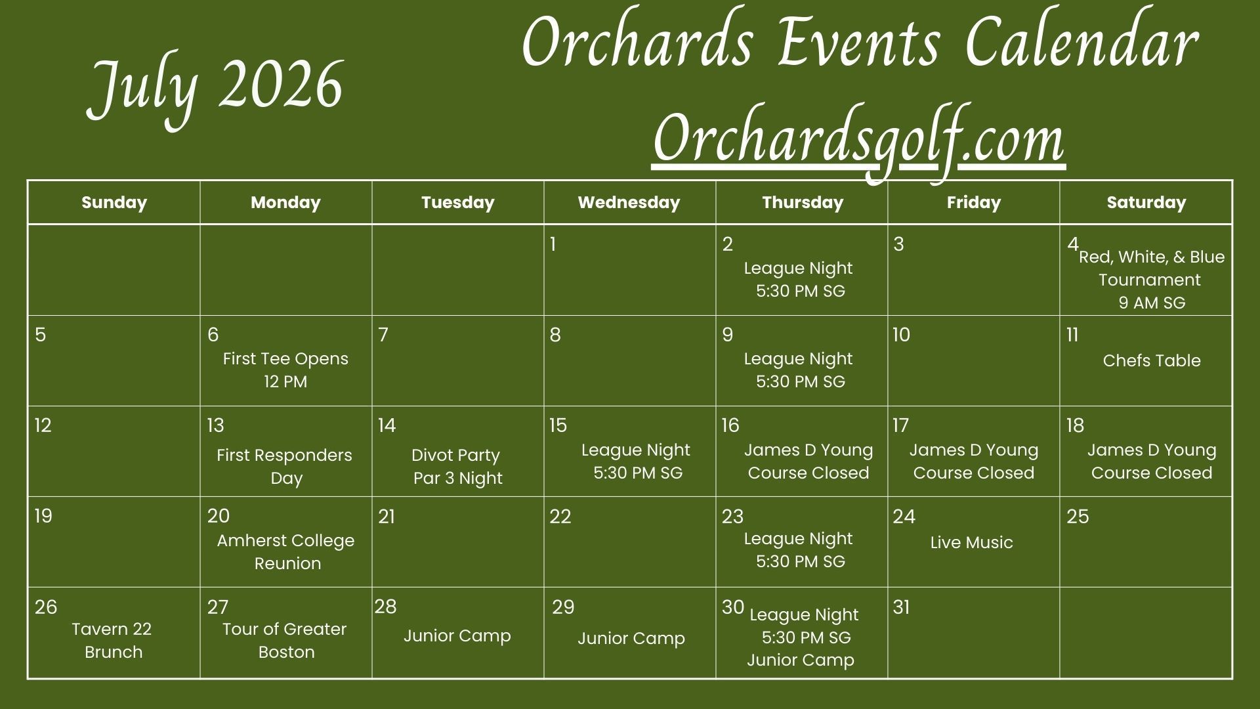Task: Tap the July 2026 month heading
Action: coord(215,89)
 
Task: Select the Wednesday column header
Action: coord(629,202)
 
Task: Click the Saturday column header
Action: coord(1146,202)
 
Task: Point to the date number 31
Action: coord(902,607)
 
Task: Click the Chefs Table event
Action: coord(1152,360)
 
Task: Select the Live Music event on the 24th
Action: coord(971,542)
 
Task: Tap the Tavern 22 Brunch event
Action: coord(112,640)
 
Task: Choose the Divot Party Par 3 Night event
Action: coord(457,467)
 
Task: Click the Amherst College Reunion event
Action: coord(286,551)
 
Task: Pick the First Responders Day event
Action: coord(285,467)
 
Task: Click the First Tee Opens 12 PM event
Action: coord(285,370)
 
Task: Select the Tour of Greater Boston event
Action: coord(285,640)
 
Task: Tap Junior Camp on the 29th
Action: coord(631,638)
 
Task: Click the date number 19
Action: coord(43,516)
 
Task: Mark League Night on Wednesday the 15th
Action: coord(637,461)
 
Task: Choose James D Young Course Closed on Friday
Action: coord(974,461)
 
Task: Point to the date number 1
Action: coord(553,244)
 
